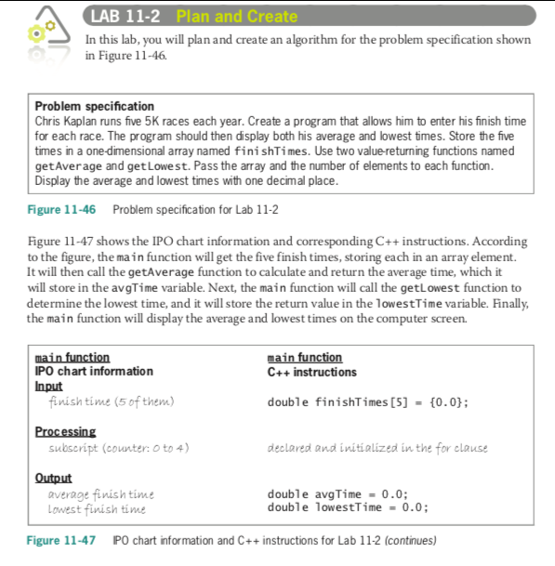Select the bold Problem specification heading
[x=94, y=107]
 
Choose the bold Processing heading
[x=65, y=432]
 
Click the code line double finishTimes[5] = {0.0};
[x=367, y=401]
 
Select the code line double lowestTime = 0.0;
[x=348, y=507]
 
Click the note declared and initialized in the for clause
[x=377, y=448]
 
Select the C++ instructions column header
[x=311, y=372]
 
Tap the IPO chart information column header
[x=94, y=372]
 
